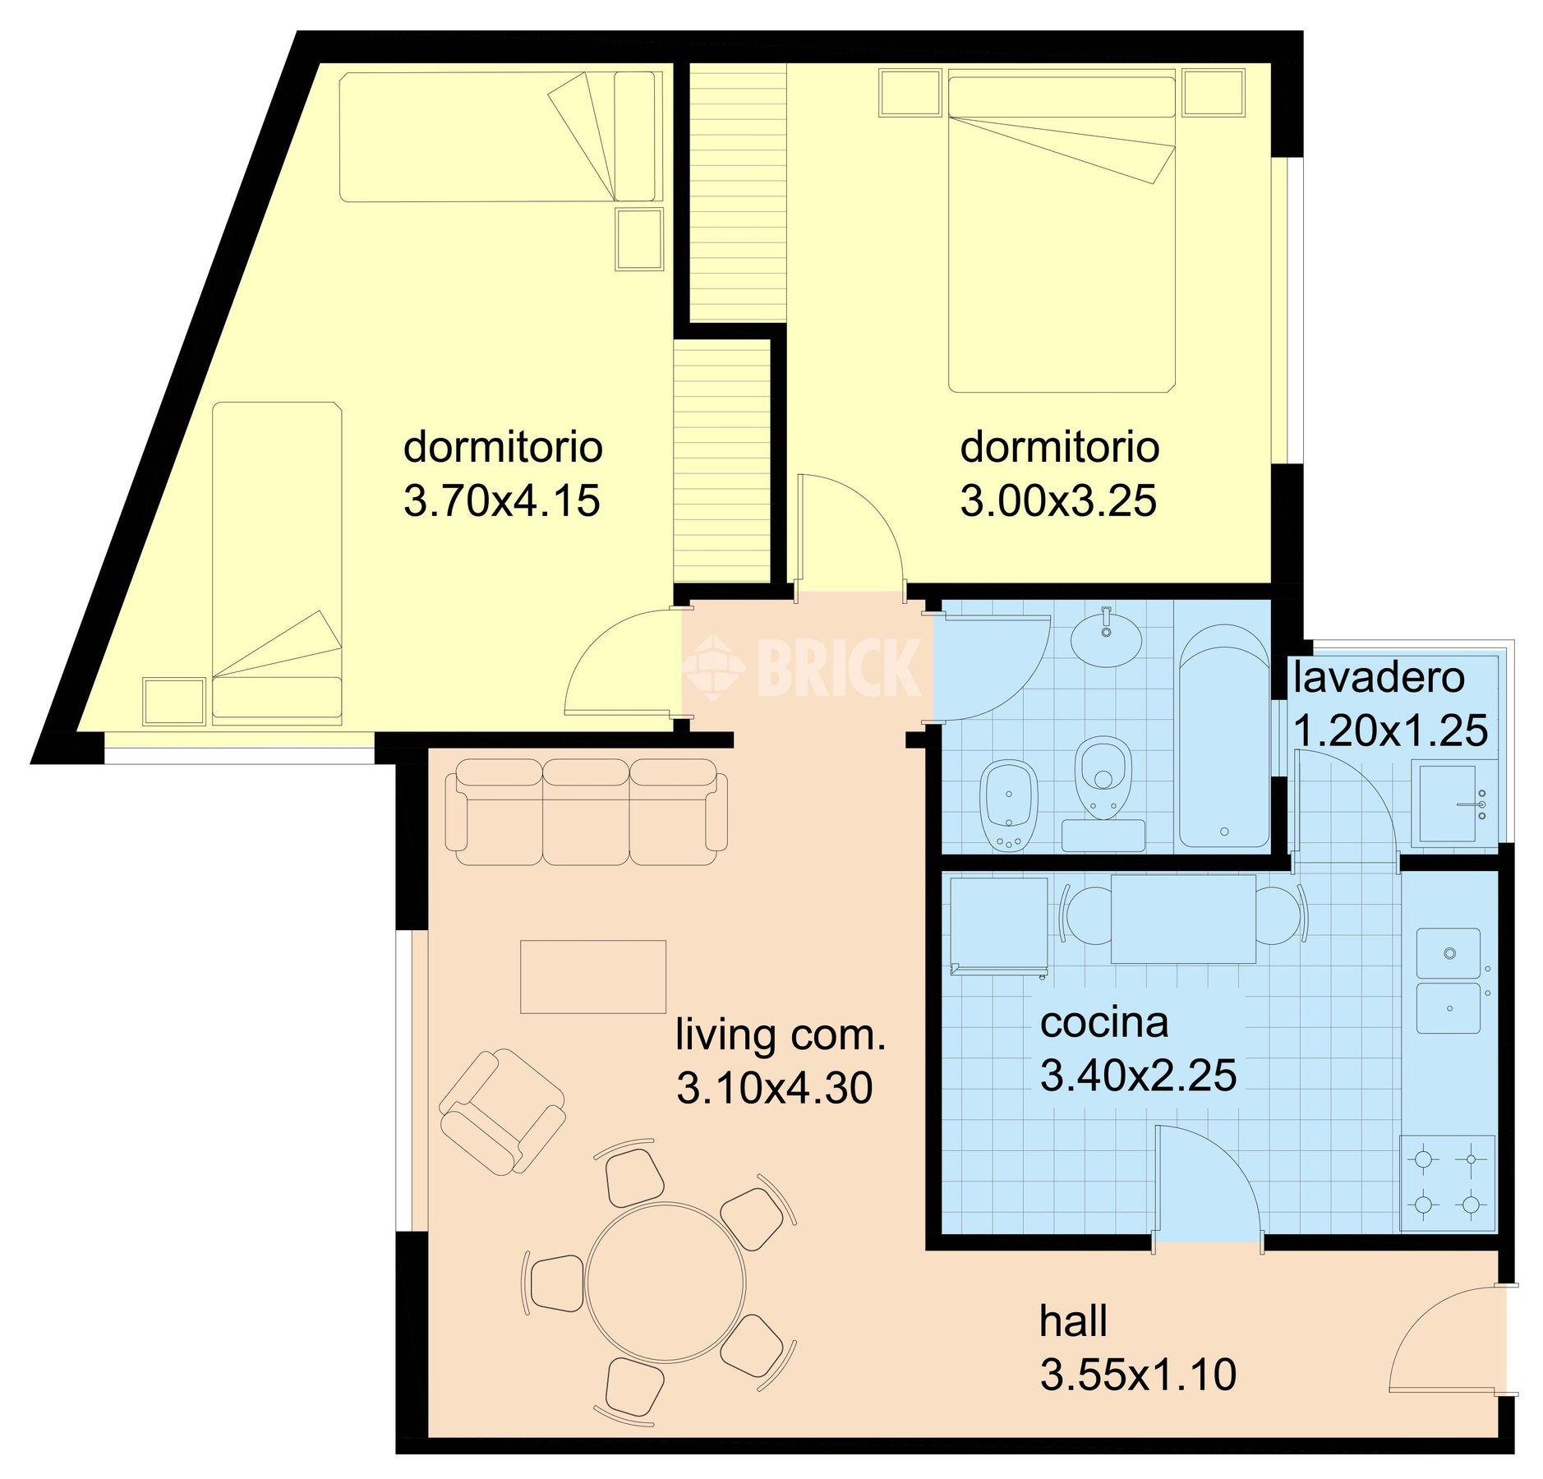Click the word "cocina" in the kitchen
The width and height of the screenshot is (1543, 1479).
tap(1103, 1023)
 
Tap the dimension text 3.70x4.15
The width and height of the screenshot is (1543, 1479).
tap(501, 500)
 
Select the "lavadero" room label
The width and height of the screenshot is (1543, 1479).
tap(1379, 678)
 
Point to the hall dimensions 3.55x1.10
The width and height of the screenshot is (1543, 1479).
tap(1138, 1374)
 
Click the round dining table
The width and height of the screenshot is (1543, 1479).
tap(666, 1282)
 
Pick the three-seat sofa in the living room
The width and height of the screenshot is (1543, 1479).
tap(586, 811)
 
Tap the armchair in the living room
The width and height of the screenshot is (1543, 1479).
tap(502, 1111)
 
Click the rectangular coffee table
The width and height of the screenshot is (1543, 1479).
tap(592, 976)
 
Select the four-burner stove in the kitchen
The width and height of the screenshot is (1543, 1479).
tap(1448, 1182)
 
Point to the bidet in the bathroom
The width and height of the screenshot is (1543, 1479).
tap(1009, 804)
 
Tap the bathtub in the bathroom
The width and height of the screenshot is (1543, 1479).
tap(1224, 735)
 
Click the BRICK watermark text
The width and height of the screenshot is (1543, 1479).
tap(838, 666)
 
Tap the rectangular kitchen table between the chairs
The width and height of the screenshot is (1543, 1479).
tap(1183, 919)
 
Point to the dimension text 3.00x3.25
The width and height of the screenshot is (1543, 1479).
tap(1058, 500)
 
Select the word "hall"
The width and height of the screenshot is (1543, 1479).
tap(1073, 1321)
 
